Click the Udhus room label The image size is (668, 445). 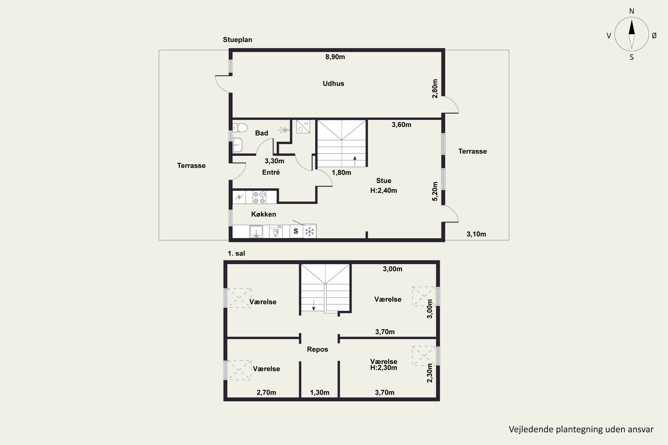point(333,83)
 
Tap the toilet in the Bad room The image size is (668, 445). point(240,128)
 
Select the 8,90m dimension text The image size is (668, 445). point(335,57)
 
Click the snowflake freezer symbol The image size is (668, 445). point(310,231)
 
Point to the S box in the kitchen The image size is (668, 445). point(296,231)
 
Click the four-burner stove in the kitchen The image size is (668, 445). point(260,197)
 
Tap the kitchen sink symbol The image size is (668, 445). point(256,231)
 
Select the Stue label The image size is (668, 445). point(384,181)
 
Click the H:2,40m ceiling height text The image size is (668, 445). point(384,191)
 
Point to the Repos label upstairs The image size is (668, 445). point(318,349)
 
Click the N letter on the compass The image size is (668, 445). point(632,11)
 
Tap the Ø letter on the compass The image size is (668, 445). point(654,35)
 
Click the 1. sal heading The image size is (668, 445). point(236,253)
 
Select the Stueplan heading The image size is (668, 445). point(237,40)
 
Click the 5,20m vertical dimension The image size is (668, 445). point(435,191)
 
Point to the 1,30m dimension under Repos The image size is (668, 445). point(320,392)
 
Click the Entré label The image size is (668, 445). point(271,172)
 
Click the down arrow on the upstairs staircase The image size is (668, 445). point(314,305)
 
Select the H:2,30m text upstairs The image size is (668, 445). point(384,368)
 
